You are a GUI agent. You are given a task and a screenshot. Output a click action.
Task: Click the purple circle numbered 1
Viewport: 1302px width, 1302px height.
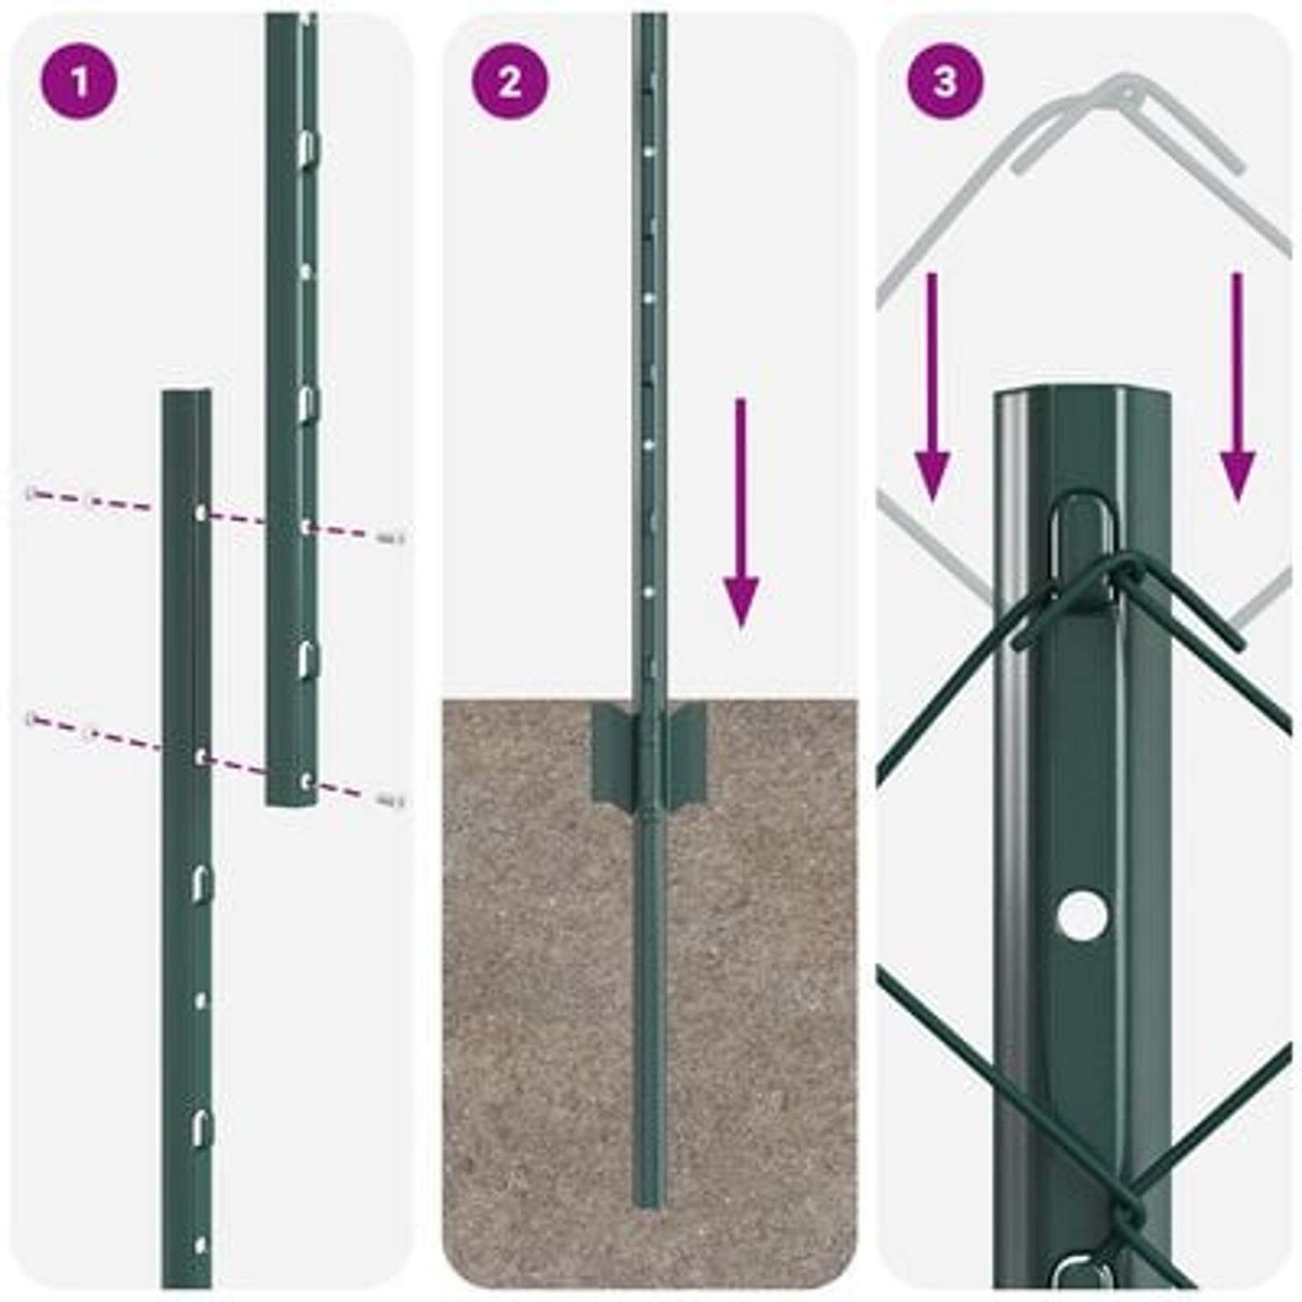click(x=79, y=81)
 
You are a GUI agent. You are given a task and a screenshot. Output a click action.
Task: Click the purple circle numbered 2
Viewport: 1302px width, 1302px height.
click(x=510, y=81)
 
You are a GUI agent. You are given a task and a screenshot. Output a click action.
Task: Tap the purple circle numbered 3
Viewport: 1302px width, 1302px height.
click(x=944, y=81)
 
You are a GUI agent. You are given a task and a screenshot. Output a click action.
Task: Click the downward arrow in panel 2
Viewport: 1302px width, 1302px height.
click(x=741, y=513)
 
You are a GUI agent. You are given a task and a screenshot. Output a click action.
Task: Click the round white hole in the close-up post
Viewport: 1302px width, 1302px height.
click(x=1083, y=912)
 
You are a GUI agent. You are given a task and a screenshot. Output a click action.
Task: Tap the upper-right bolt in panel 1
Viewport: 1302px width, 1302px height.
click(x=392, y=536)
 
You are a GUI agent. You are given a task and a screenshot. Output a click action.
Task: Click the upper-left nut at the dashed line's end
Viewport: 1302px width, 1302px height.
click(x=33, y=493)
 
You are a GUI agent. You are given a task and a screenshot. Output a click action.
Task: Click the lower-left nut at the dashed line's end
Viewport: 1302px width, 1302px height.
click(x=33, y=718)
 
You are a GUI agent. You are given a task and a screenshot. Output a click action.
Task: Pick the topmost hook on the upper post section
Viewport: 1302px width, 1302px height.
click(x=306, y=146)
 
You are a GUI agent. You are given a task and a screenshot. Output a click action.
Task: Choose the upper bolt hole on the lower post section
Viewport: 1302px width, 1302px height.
click(x=201, y=513)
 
